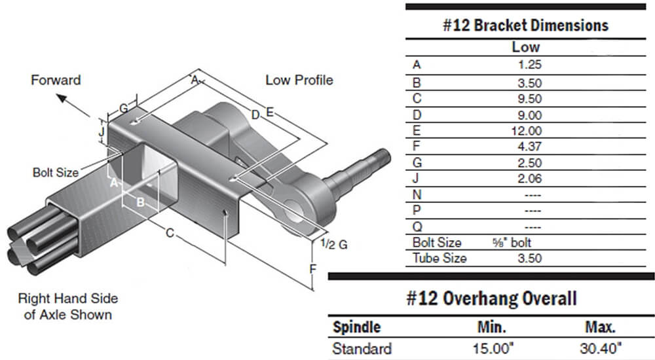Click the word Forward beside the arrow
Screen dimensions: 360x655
56,80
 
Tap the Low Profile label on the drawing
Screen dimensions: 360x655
299,80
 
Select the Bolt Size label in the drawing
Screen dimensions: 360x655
55,173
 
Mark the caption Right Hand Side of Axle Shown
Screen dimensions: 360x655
67,306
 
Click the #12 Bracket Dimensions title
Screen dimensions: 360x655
525,26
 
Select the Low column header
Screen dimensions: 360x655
525,47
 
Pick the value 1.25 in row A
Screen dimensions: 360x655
529,65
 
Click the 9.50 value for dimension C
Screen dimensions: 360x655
529,99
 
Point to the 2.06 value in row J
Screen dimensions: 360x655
529,178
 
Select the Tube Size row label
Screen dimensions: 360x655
440,258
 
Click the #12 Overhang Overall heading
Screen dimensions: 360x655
491,299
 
